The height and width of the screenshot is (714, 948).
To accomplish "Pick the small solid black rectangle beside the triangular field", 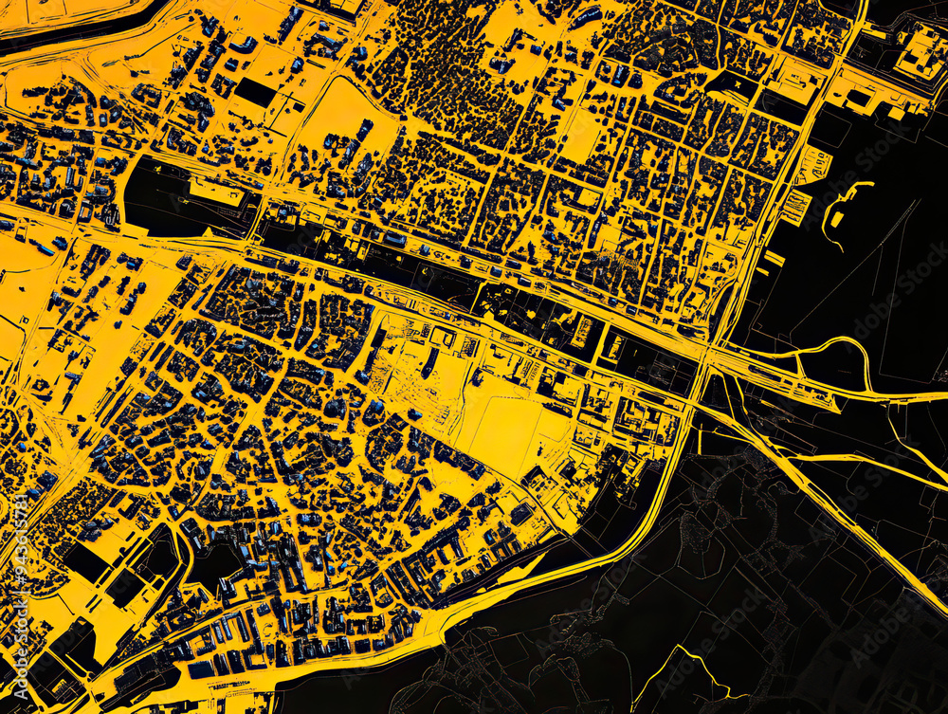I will [x=255, y=93].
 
